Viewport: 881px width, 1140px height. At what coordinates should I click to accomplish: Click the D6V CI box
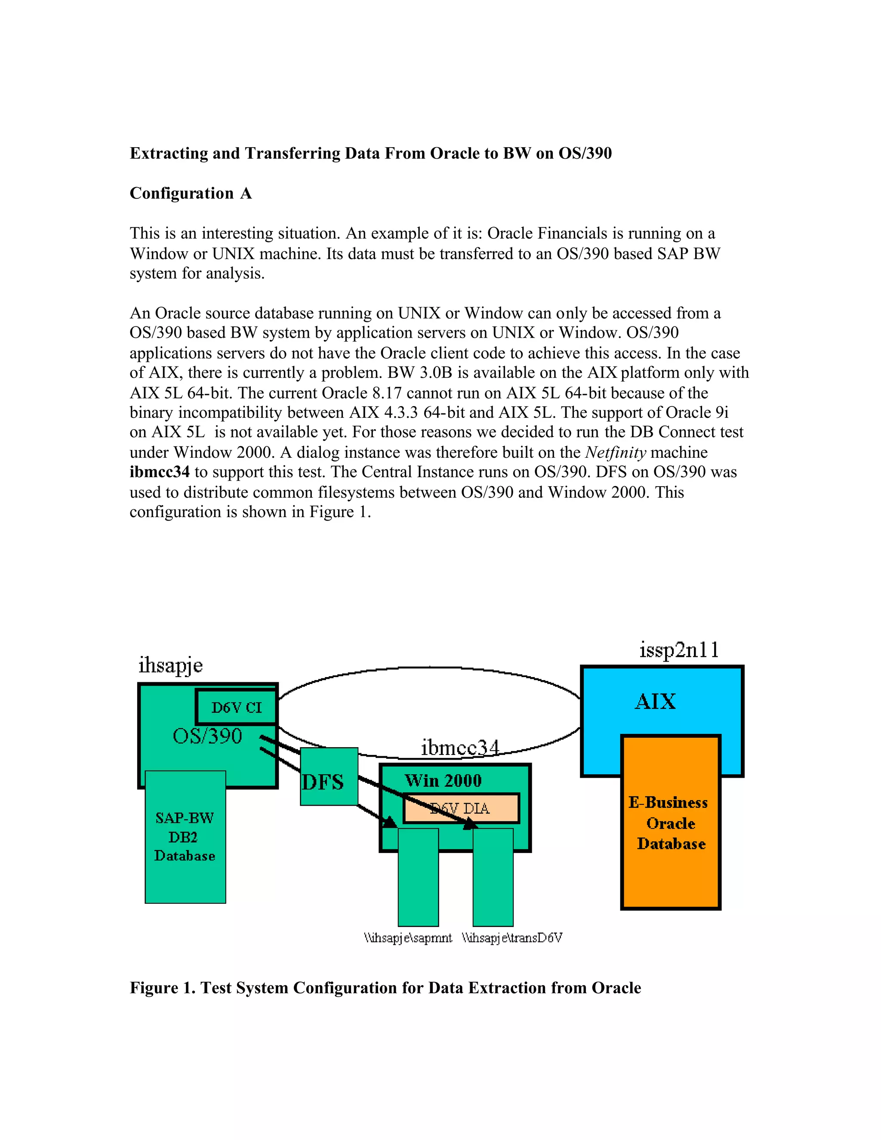(x=237, y=707)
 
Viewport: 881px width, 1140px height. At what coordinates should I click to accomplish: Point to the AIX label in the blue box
(x=656, y=701)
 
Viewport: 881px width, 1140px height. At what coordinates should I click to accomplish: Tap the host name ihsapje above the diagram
(x=171, y=666)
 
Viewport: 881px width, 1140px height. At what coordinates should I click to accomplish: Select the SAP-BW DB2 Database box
(x=185, y=837)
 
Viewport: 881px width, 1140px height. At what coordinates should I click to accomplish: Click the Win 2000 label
(x=443, y=780)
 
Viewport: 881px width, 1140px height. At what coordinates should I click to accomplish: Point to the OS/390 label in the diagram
(x=208, y=736)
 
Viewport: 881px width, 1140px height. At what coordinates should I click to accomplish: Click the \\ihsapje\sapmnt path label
(x=408, y=938)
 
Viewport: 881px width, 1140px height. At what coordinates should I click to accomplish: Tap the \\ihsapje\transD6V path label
(x=512, y=938)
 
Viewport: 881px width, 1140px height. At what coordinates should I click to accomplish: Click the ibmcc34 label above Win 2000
(x=460, y=748)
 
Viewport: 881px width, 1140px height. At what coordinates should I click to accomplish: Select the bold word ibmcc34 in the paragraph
(x=160, y=472)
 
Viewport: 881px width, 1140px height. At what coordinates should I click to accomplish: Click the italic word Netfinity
(x=616, y=452)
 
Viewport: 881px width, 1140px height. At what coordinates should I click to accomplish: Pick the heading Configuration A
(x=191, y=193)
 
